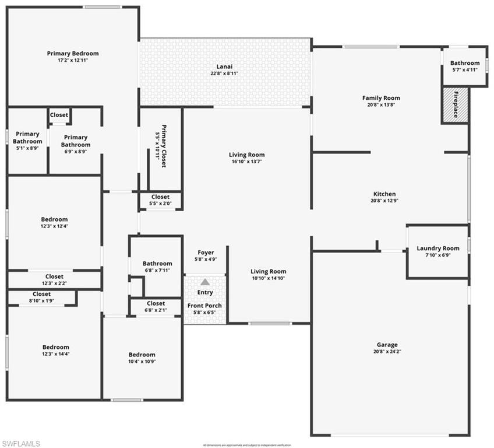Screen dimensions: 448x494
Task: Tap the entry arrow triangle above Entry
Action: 205,282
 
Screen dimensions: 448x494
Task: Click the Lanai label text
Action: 224,66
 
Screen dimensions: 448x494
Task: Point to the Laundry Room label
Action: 438,249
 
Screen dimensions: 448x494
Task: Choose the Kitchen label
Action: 384,194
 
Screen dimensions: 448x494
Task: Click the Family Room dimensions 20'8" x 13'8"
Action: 381,105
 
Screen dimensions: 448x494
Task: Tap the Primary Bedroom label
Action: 73,54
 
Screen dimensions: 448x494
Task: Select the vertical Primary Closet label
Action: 164,146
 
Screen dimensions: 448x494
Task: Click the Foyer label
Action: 206,253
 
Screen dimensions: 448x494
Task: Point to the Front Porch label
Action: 204,306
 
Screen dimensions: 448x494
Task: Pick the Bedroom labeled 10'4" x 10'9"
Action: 142,355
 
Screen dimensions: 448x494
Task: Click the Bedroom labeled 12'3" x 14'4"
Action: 56,347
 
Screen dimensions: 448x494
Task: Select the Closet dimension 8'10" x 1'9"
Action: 42,300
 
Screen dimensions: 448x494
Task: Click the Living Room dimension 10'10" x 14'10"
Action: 269,278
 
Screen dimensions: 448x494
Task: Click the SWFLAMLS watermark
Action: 21,443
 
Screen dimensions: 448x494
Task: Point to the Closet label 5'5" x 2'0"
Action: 161,197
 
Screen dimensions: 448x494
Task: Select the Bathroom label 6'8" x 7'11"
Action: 157,264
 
